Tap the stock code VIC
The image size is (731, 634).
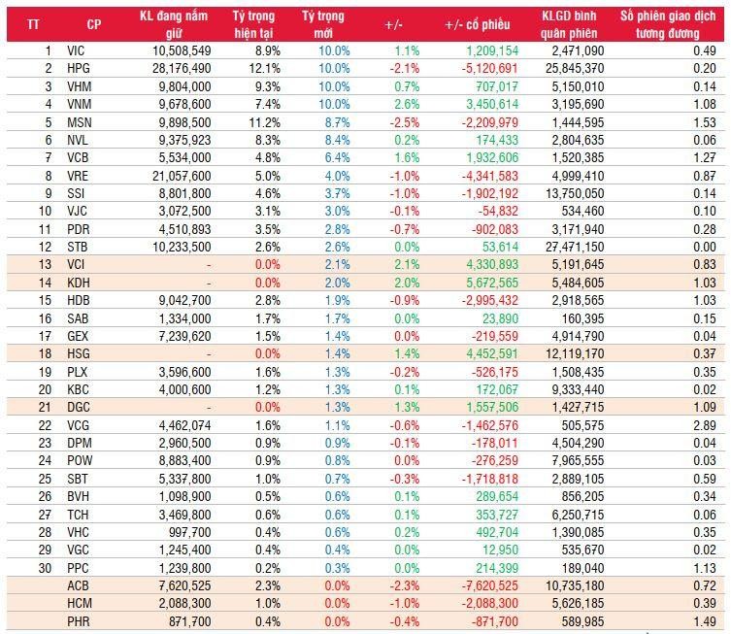pos(76,50)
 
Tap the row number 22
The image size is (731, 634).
pos(46,424)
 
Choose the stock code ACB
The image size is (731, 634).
pos(78,584)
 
